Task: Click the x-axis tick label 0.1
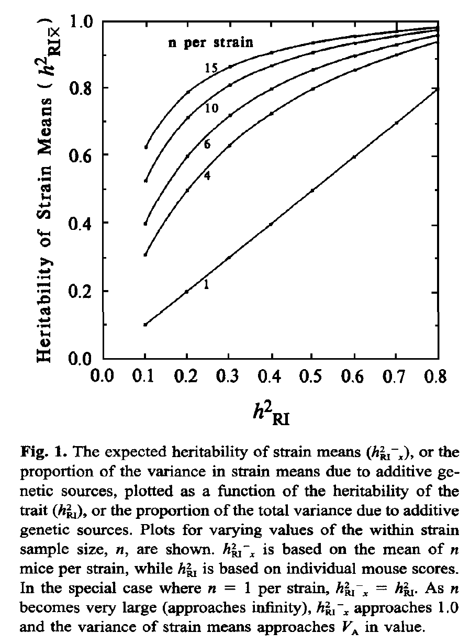click(146, 377)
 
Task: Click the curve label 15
click(211, 68)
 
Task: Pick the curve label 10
click(211, 108)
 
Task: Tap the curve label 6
click(207, 145)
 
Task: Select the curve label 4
click(207, 176)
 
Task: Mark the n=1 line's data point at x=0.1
click(146, 325)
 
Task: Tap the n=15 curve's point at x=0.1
click(146, 147)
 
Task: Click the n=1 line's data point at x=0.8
click(438, 89)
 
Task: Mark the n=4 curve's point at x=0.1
click(146, 255)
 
